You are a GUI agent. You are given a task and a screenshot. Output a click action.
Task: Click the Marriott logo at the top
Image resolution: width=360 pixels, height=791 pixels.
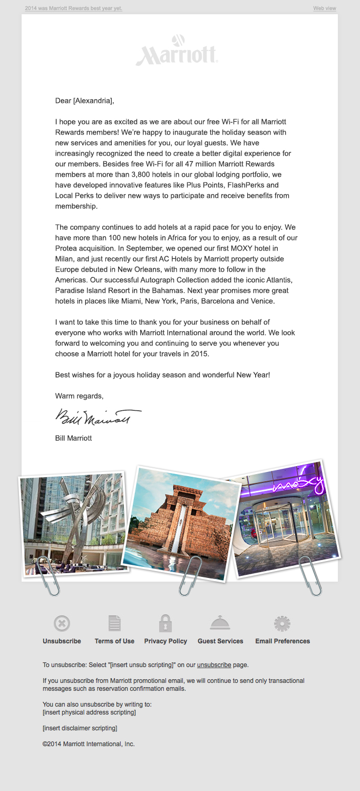[x=177, y=51]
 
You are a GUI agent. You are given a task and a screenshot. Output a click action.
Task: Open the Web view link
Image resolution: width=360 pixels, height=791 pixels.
[x=325, y=8]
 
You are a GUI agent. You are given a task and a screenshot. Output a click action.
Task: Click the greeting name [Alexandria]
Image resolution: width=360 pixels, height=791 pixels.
[x=93, y=100]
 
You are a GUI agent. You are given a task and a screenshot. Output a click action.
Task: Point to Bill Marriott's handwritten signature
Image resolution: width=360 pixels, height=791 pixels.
[x=98, y=417]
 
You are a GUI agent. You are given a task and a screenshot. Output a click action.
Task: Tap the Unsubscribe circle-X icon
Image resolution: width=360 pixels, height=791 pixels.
[x=62, y=624]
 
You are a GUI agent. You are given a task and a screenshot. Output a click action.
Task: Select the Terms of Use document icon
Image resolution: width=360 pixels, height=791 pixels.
[x=114, y=624]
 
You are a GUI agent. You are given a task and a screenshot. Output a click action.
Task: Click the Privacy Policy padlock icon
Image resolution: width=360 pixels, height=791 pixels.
[x=166, y=623]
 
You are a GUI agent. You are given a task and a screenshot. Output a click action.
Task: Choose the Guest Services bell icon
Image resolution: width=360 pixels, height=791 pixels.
[x=220, y=623]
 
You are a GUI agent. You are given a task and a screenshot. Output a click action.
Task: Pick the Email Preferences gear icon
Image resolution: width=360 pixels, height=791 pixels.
[x=282, y=624]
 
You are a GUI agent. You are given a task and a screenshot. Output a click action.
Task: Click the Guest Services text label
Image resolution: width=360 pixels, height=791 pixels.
[x=220, y=641]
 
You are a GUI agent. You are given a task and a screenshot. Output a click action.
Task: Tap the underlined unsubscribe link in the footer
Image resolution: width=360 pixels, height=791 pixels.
[x=214, y=665]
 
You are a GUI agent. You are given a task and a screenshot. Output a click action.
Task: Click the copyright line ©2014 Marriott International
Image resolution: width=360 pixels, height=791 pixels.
[x=89, y=744]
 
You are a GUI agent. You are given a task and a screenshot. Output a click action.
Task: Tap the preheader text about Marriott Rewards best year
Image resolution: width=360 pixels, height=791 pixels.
[x=73, y=8]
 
